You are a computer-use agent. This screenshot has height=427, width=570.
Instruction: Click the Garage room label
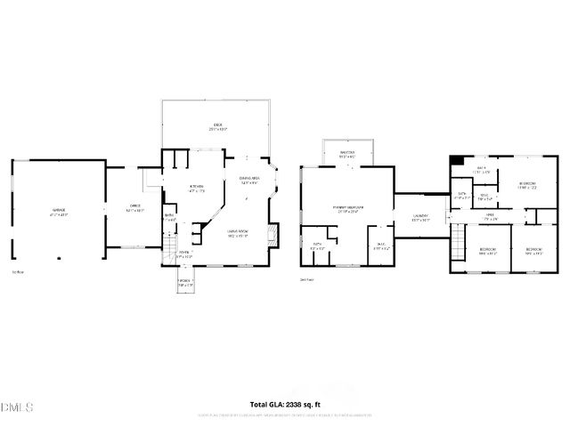[x=59, y=212]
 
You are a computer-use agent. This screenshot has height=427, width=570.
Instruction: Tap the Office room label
[x=124, y=208]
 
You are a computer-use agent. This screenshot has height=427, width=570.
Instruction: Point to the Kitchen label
[x=197, y=188]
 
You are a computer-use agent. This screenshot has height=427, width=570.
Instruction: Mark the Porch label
[x=184, y=282]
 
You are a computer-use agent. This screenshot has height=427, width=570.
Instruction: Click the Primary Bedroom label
[x=345, y=209]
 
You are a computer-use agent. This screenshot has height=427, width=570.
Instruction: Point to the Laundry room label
[x=420, y=216]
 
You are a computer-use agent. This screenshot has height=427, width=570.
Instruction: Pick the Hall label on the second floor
[x=490, y=215]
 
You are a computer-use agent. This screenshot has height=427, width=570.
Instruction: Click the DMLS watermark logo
[x=17, y=407]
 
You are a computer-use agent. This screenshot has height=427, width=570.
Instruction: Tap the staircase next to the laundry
[x=458, y=242]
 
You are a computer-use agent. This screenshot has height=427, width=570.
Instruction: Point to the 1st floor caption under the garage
[x=18, y=271]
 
